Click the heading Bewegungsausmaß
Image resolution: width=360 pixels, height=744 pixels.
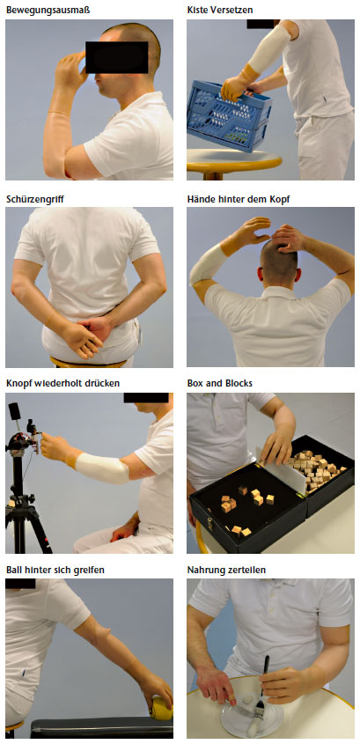click(48, 10)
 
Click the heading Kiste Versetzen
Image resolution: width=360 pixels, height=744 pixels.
click(219, 10)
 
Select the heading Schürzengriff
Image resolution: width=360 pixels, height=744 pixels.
click(34, 199)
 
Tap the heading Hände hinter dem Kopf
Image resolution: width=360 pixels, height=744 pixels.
click(239, 199)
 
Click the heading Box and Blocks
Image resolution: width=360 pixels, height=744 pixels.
click(219, 382)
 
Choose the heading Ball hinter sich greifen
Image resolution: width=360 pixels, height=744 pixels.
click(55, 570)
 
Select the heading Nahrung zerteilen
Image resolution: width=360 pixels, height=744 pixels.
click(226, 570)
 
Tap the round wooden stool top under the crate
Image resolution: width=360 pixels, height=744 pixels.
click(234, 160)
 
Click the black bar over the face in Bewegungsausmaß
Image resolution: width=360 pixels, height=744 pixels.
click(117, 57)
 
